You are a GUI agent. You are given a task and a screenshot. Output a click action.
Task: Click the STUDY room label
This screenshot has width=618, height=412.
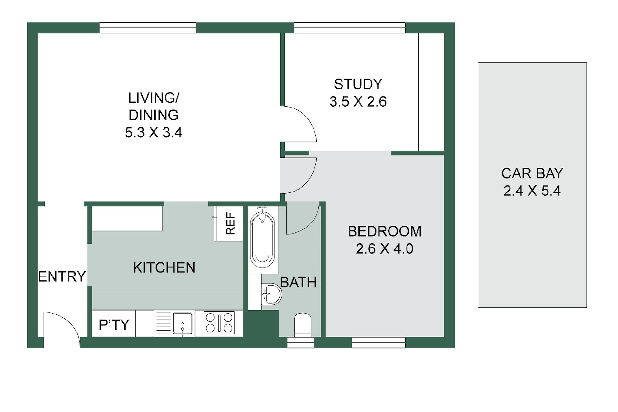358,84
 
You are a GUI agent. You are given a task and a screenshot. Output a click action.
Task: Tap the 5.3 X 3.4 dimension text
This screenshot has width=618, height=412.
154,133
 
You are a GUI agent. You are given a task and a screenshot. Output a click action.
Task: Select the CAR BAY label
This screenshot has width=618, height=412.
532,173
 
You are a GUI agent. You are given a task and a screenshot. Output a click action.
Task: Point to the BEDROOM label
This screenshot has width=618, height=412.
385,231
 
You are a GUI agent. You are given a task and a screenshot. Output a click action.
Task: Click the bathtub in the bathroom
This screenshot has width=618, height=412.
262,240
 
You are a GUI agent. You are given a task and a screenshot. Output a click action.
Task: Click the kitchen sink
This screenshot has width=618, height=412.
183,323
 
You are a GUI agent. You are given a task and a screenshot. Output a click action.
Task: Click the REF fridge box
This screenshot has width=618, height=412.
229,223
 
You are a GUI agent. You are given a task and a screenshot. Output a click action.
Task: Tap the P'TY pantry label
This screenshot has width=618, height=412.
114,325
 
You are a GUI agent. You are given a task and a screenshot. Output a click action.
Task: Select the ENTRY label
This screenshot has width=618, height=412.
62,276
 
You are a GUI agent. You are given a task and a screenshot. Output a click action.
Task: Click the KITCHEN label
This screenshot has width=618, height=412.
164,268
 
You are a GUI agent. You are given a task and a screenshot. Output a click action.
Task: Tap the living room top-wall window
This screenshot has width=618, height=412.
148,28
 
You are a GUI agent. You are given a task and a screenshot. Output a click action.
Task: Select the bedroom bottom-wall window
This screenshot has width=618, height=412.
379,342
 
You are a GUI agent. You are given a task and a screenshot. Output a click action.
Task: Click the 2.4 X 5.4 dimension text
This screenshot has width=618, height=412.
532,191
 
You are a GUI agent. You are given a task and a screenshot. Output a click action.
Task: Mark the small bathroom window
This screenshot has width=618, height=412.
301,342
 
